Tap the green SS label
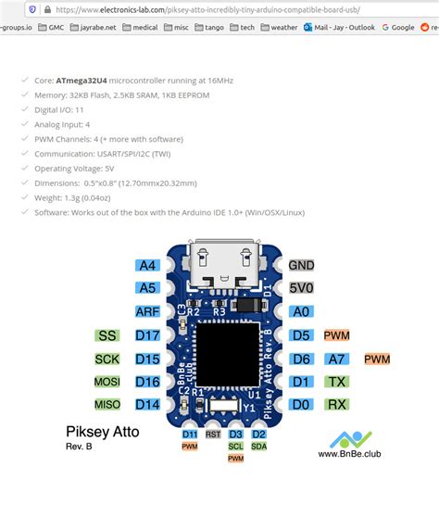107,335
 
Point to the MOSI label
107,382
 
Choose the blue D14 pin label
147,404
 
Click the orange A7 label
336,359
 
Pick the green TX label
336,382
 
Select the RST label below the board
213,434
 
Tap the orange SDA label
259,446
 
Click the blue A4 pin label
147,265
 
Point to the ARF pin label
147,312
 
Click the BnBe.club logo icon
351,438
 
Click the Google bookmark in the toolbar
399,28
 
